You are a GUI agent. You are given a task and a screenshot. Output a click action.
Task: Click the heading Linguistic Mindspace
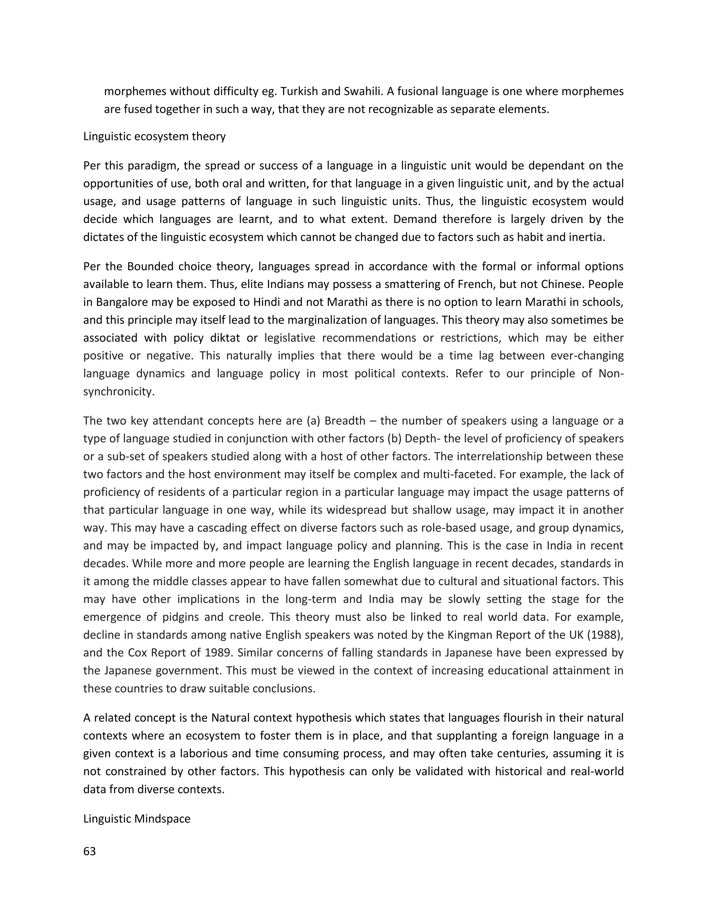137,819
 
